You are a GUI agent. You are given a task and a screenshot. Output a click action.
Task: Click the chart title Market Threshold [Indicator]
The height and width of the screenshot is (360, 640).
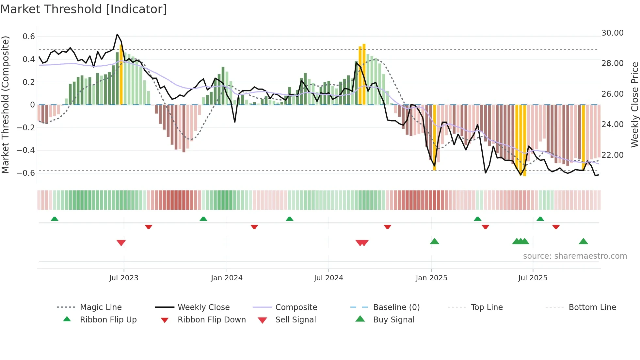pos(84,9)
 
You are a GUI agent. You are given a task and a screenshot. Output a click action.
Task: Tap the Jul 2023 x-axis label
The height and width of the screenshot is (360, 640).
pos(124,278)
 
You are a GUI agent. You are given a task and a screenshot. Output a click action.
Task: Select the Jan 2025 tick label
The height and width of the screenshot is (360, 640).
pos(431,278)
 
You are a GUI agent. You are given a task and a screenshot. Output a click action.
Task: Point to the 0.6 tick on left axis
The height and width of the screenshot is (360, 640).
pos(29,37)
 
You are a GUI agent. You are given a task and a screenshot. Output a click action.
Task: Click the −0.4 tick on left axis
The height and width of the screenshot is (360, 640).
pos(26,150)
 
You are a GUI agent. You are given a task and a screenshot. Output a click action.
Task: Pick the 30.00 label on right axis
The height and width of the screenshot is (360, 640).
pos(612,33)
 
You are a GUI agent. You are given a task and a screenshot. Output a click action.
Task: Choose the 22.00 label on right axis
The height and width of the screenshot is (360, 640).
pos(612,155)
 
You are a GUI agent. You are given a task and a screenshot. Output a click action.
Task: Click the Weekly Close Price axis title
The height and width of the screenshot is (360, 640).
pos(634,105)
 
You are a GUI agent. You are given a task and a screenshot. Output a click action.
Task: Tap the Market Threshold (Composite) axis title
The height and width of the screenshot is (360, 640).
pos(5,105)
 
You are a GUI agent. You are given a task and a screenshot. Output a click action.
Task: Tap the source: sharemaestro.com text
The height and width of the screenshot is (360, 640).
pos(575,256)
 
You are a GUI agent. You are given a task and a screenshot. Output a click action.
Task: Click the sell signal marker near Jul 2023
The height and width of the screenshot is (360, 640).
pos(121,243)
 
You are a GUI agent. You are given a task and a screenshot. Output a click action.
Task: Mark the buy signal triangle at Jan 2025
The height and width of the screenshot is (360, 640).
pos(434,242)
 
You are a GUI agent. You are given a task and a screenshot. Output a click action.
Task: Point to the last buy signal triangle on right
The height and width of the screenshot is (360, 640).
pos(583,242)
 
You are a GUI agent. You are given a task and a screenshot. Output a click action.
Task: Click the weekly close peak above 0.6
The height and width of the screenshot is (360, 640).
pos(118,34)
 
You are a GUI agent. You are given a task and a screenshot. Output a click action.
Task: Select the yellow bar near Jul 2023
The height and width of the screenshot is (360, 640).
pos(121,75)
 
